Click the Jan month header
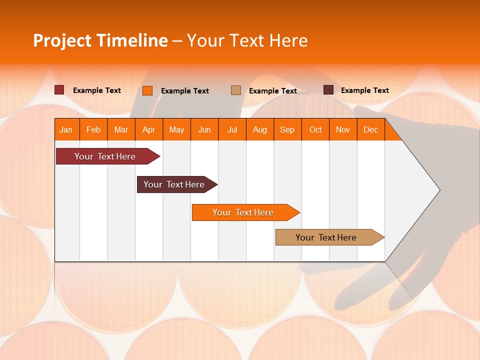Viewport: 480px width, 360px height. [x=66, y=130]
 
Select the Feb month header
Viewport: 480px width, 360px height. [x=93, y=130]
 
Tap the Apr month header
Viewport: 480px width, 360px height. [x=149, y=130]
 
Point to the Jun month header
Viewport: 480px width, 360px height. [x=204, y=130]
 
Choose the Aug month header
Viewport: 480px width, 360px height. [x=260, y=130]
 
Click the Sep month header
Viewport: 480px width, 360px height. [x=287, y=130]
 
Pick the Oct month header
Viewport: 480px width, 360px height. [x=315, y=130]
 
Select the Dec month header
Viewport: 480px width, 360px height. [x=371, y=130]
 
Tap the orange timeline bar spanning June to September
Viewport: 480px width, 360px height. [x=244, y=212]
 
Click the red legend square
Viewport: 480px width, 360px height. [x=59, y=90]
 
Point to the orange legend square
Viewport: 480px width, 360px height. [x=147, y=90]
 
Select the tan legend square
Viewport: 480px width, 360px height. [x=236, y=90]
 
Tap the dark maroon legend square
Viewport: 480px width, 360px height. [x=328, y=90]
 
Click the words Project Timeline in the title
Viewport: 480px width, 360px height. [x=100, y=40]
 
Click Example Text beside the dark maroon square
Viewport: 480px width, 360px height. [x=365, y=90]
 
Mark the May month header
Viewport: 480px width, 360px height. [x=176, y=130]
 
